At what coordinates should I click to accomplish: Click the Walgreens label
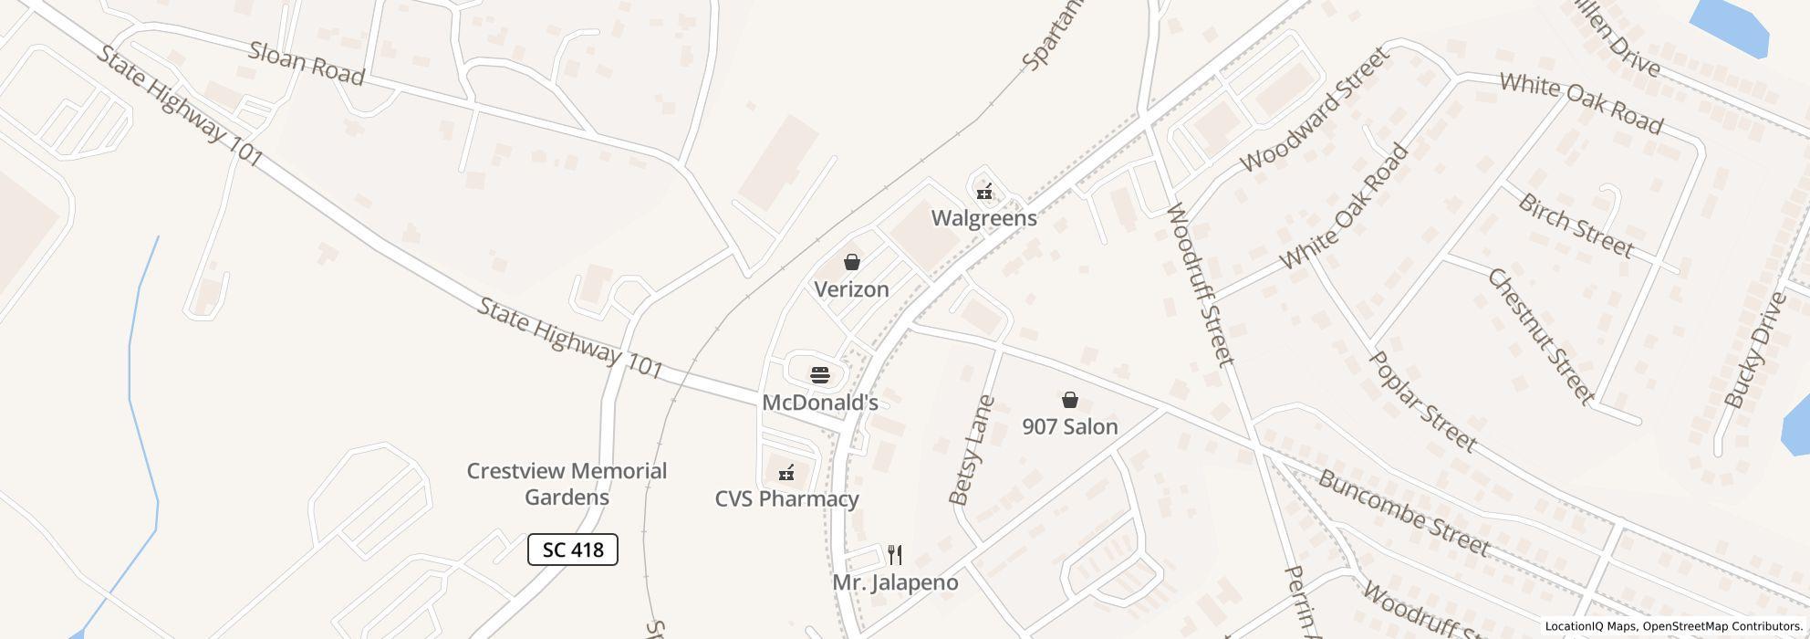(983, 218)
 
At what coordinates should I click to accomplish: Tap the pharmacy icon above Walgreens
(983, 192)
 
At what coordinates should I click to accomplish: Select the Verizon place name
(851, 289)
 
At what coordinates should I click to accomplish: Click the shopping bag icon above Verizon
(851, 263)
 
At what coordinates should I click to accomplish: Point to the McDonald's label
(819, 403)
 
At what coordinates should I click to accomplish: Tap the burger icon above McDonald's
(819, 375)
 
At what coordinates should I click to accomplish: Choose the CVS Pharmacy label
(786, 499)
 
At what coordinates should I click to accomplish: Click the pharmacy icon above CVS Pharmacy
(785, 473)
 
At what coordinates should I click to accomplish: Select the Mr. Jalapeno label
(895, 582)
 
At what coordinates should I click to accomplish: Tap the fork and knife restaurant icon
(895, 555)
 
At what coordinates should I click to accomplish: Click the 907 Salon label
(1069, 426)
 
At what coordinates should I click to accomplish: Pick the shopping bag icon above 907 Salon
(1069, 400)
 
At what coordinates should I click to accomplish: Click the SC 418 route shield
(573, 550)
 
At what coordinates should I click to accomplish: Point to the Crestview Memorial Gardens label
(567, 484)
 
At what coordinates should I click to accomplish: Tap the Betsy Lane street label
(971, 450)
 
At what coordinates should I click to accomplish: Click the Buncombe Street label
(1403, 513)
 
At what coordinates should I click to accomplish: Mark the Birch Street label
(1576, 225)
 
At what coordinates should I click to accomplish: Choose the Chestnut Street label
(1541, 336)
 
